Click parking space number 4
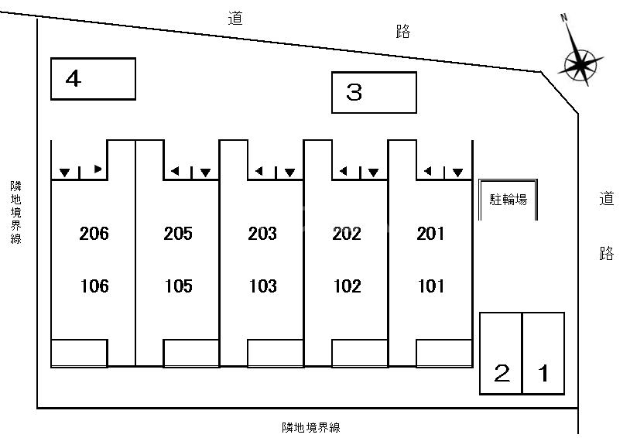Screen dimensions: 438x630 [93, 79]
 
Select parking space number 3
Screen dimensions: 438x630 [374, 93]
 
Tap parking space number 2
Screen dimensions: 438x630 [502, 354]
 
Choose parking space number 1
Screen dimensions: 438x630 [543, 354]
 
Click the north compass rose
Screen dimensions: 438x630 [580, 63]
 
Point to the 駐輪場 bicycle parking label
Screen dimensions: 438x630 [508, 200]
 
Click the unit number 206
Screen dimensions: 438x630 [94, 233]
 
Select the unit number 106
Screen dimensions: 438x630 [94, 286]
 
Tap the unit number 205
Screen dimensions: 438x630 [179, 233]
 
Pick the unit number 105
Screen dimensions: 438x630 [179, 286]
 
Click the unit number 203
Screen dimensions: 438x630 [263, 233]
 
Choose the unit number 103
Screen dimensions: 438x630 [263, 286]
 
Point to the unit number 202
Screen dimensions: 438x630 [347, 233]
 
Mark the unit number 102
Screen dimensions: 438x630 [347, 286]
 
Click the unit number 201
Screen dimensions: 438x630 [431, 233]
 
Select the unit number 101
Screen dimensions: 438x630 [431, 286]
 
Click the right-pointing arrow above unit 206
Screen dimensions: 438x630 [98, 169]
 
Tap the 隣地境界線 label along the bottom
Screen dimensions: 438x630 [311, 427]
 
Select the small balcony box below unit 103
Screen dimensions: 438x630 [275, 353]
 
